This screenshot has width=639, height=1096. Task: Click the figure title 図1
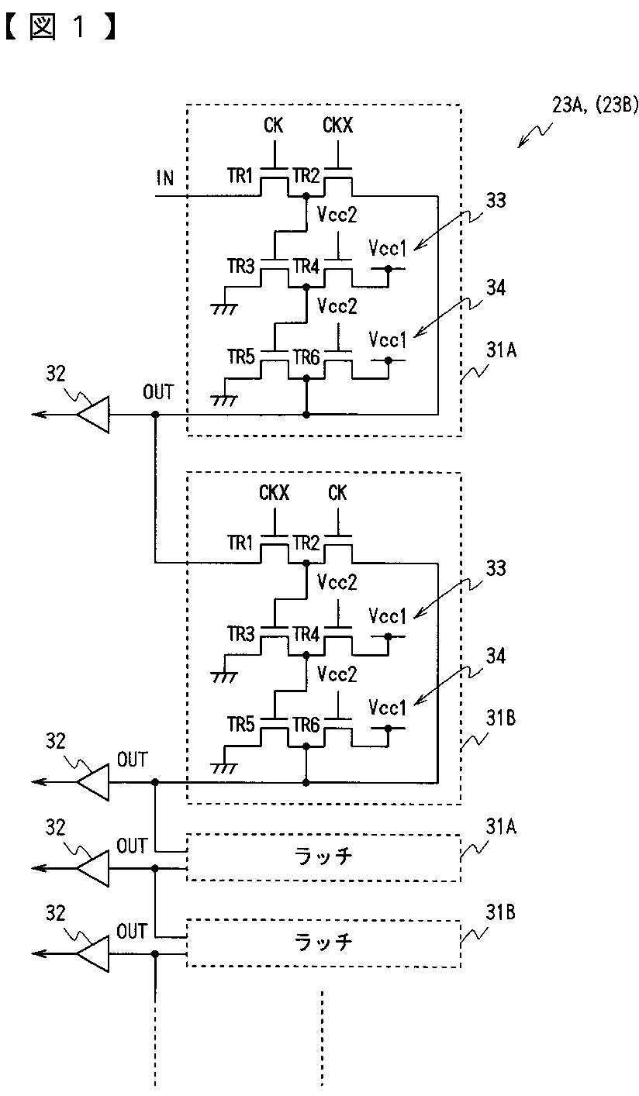click(x=61, y=26)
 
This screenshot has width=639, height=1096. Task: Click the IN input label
click(x=165, y=177)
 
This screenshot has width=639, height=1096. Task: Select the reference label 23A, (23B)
click(x=595, y=105)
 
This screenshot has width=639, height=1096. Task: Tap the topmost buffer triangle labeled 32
click(x=93, y=415)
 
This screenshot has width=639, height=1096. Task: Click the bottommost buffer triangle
click(x=93, y=953)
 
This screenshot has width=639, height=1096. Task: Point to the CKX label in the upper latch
click(x=337, y=126)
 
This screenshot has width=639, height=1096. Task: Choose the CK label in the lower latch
click(x=337, y=493)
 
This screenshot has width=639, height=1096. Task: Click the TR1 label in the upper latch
click(x=240, y=175)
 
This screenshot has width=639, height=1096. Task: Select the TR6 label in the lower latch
click(x=306, y=725)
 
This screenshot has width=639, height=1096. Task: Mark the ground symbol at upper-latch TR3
click(x=224, y=308)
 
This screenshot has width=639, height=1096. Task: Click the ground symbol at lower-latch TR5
click(x=224, y=768)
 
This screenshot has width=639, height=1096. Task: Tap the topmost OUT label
click(x=158, y=392)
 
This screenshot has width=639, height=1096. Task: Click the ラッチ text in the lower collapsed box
click(x=323, y=942)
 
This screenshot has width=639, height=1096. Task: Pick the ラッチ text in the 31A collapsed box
click(x=323, y=856)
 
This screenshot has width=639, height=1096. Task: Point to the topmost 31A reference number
click(x=501, y=350)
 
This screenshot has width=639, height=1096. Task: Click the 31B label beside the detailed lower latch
click(x=500, y=718)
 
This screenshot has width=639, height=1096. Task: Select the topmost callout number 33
click(x=496, y=200)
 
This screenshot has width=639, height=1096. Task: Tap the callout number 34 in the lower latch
click(x=496, y=656)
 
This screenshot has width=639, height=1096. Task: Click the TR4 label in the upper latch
click(x=306, y=267)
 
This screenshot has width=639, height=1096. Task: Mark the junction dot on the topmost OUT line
click(x=155, y=415)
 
